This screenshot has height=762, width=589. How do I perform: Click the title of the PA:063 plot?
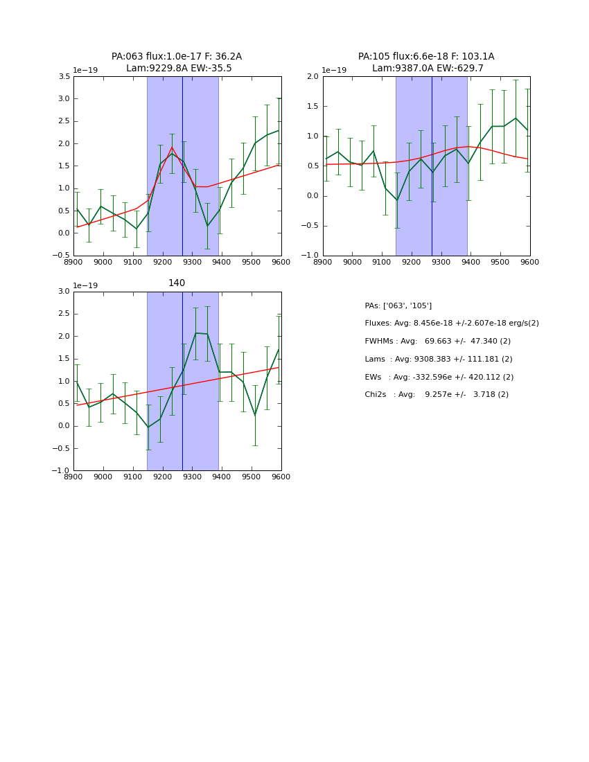(x=177, y=62)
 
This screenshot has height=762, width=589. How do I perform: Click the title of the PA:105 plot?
(x=426, y=62)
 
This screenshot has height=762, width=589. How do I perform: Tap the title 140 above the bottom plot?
(x=177, y=283)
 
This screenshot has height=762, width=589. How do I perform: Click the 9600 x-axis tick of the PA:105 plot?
(x=530, y=263)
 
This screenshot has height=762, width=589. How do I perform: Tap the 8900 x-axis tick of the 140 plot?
(x=73, y=477)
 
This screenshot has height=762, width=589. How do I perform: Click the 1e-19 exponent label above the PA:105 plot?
(x=335, y=71)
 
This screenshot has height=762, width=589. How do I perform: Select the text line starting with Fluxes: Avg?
(x=451, y=324)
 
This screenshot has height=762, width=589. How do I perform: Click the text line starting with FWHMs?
(x=437, y=342)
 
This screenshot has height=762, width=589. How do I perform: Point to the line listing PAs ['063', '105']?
(x=398, y=306)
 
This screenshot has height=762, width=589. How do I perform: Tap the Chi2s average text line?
(x=437, y=395)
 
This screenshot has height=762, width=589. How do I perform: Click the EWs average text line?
(x=439, y=378)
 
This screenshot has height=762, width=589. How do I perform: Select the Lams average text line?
(x=439, y=360)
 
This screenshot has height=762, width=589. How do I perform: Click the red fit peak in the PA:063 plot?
(x=172, y=147)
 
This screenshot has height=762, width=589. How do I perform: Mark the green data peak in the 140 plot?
(x=195, y=333)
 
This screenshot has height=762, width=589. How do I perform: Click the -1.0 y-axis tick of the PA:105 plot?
(x=310, y=256)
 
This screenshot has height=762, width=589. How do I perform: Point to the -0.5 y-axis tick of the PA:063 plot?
(x=61, y=256)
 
